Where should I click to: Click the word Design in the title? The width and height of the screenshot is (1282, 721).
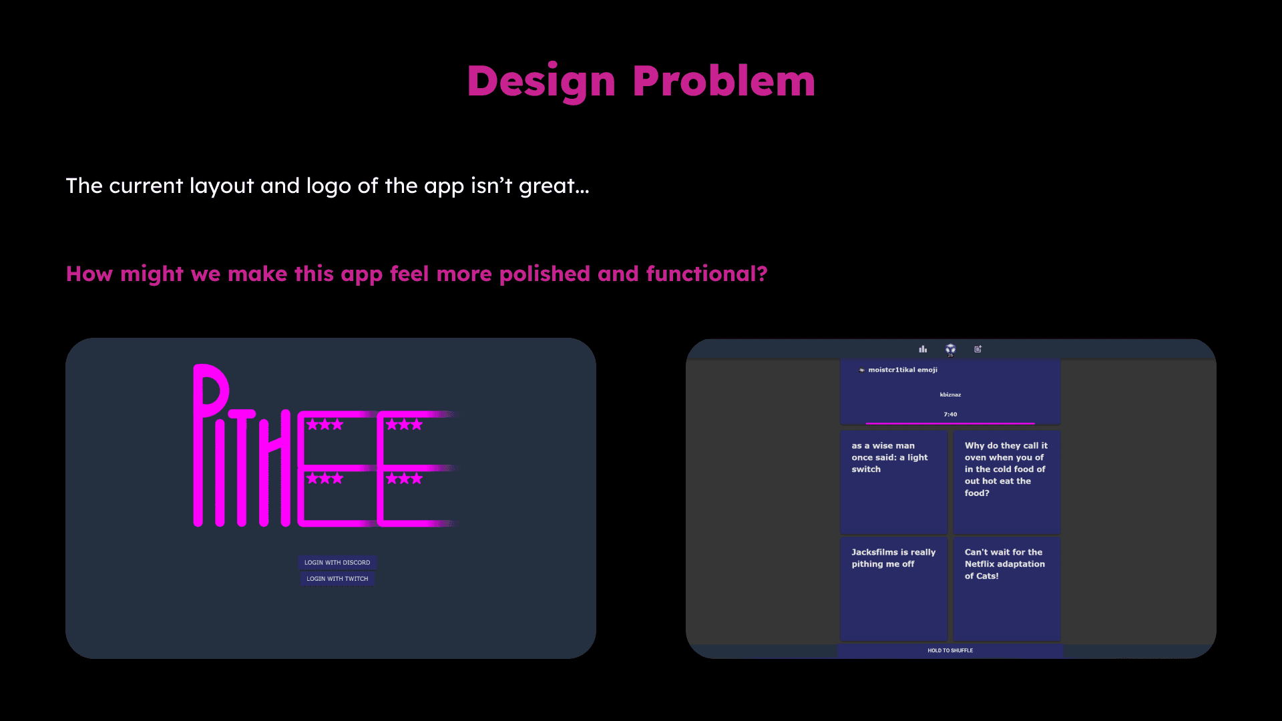click(x=541, y=81)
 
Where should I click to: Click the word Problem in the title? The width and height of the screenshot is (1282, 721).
click(x=724, y=80)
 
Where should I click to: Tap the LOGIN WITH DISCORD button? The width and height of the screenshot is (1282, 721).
click(x=337, y=563)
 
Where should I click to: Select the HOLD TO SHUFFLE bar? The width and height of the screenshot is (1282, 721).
click(x=950, y=651)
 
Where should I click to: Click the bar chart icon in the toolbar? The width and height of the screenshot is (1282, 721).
click(x=923, y=349)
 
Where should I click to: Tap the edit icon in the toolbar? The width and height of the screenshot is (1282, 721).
click(x=978, y=349)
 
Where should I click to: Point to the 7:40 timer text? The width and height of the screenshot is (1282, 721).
click(x=950, y=415)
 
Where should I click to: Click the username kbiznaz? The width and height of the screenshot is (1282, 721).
click(x=950, y=395)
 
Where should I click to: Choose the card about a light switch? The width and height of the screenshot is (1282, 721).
click(x=893, y=482)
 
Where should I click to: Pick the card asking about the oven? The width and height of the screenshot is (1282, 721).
click(x=1006, y=482)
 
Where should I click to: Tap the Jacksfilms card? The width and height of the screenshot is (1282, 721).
click(x=893, y=589)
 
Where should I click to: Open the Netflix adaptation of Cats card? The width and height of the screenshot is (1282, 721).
click(x=1006, y=589)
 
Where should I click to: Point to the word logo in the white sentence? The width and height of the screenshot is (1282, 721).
click(x=329, y=187)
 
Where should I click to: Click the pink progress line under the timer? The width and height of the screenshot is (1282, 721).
click(x=950, y=423)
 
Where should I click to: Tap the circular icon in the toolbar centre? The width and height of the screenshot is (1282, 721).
click(x=950, y=349)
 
